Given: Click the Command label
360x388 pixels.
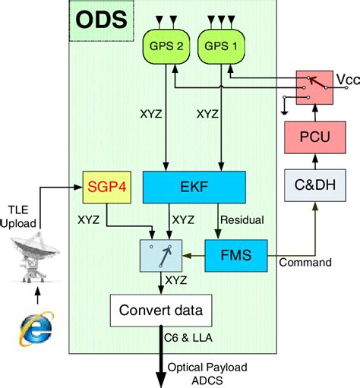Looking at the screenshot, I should (x=306, y=263).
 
